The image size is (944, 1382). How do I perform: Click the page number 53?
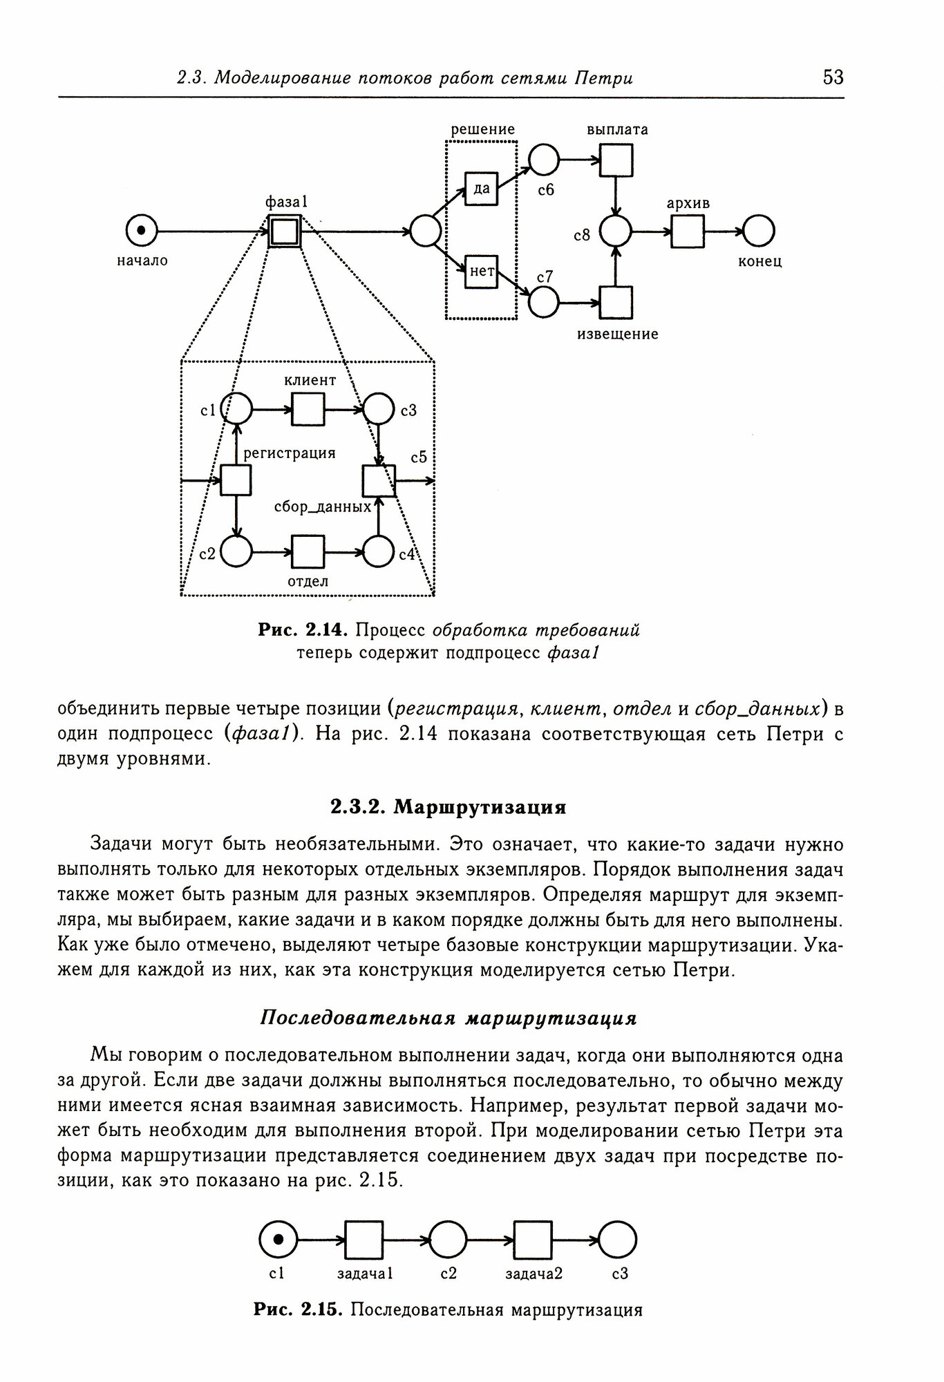point(833,77)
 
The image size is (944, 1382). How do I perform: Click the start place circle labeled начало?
point(142,231)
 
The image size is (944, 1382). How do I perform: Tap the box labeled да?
point(482,188)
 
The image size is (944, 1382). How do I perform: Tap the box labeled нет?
point(482,272)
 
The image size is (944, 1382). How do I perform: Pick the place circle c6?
point(544,160)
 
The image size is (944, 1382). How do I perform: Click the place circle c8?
point(616,231)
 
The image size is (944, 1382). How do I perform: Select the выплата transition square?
point(616,160)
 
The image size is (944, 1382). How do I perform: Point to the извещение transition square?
point(616,302)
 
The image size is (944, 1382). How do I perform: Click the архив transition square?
point(687,231)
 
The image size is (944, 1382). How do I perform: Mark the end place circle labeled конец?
point(758,231)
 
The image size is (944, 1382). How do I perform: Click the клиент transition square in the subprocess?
point(308,410)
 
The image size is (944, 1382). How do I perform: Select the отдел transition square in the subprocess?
point(308,551)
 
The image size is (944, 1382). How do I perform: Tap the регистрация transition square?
point(236,480)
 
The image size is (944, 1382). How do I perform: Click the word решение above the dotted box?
point(482,129)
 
